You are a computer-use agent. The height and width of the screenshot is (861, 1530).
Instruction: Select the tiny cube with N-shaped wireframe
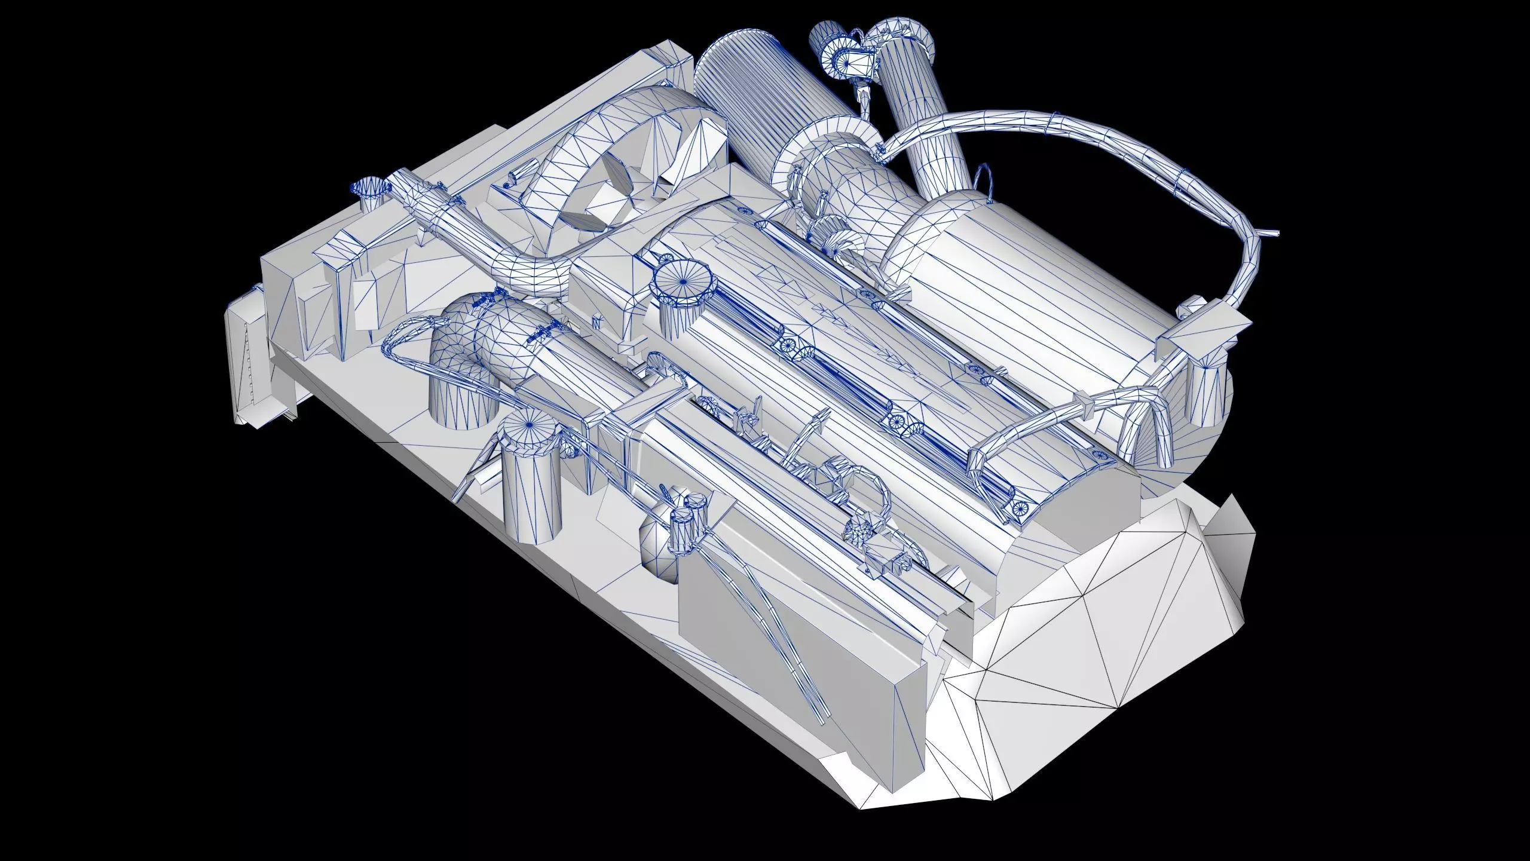coord(596,321)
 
